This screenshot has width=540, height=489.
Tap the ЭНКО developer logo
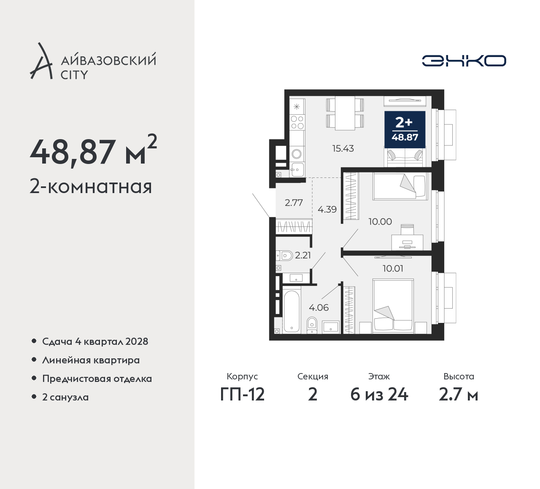[x=464, y=61]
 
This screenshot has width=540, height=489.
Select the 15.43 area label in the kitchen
[x=343, y=148]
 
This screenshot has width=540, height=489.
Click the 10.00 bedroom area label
[x=380, y=222]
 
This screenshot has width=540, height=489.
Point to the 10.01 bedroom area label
[x=393, y=269]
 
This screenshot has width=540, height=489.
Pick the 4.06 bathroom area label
[x=319, y=307]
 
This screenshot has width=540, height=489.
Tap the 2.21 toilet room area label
[x=303, y=255]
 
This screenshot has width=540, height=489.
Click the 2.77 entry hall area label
[x=294, y=202]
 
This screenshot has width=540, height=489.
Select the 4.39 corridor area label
[x=327, y=209]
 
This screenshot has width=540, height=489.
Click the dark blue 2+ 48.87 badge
[x=405, y=130]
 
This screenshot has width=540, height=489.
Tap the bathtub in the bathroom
[x=292, y=312]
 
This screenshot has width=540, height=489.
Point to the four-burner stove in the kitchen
[x=297, y=122]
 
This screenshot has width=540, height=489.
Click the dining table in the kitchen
[x=345, y=113]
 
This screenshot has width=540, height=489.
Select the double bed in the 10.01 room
[x=393, y=306]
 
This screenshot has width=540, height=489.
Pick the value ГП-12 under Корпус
[x=242, y=395]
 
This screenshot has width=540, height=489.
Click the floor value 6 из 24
[x=379, y=395]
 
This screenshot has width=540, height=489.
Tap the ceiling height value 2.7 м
[x=459, y=395]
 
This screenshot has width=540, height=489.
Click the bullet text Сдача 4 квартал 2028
[x=95, y=341]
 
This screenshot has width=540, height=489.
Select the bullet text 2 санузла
[x=65, y=397]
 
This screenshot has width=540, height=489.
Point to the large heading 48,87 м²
[x=93, y=150]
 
